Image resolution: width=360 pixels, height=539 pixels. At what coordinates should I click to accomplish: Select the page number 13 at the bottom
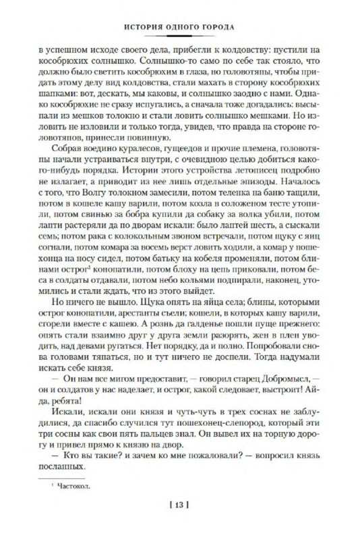point(180,506)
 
